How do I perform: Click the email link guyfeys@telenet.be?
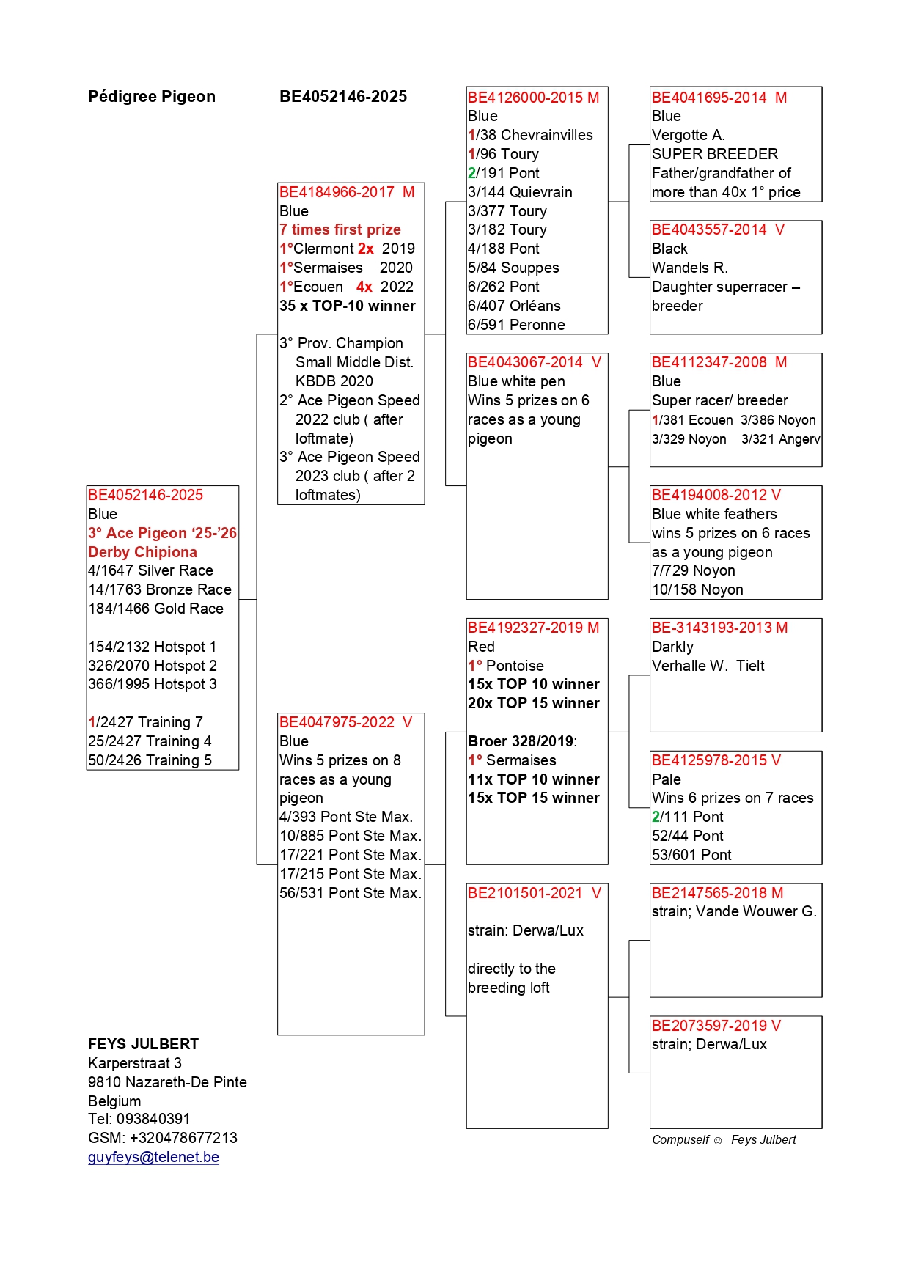coord(153,1157)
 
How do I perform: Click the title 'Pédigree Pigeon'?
coord(152,97)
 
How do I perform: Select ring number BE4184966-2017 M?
coord(347,192)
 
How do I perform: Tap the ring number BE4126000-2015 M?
coord(533,98)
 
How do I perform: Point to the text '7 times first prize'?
coord(340,229)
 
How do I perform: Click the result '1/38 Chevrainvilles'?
coord(530,135)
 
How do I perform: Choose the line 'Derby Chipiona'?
coord(142,552)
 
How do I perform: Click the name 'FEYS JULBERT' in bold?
coord(143,1044)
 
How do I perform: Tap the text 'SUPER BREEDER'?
coord(715,154)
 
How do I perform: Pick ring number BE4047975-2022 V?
coord(345,722)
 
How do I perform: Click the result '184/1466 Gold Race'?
coord(155,609)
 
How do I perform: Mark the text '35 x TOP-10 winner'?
coord(348,306)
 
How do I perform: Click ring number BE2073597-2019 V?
coord(716,1026)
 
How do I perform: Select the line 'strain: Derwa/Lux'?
coord(526,930)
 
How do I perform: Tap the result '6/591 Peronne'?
coord(516,325)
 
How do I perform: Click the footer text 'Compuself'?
coord(680,1139)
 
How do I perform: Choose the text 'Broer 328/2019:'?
coord(522,741)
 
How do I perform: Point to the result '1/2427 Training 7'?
coord(145,722)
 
